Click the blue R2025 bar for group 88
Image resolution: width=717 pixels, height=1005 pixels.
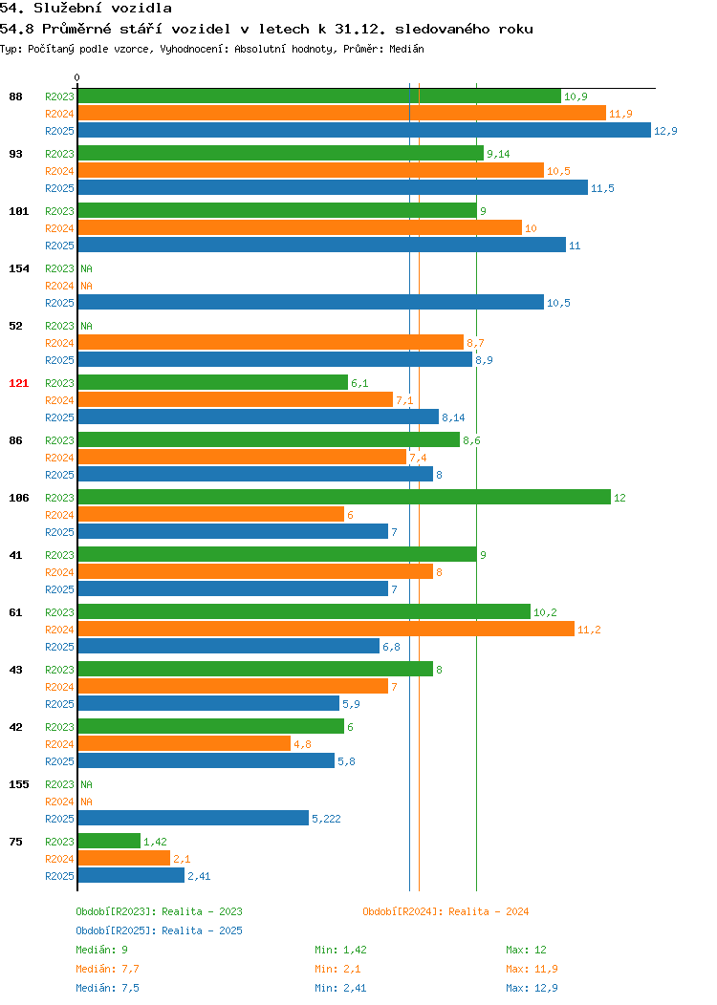point(364,130)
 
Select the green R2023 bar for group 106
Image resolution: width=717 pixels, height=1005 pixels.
point(344,497)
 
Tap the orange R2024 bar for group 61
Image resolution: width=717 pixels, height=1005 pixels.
point(326,629)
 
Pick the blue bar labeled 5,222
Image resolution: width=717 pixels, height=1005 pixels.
point(194,818)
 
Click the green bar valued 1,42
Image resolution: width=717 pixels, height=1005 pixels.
point(109,841)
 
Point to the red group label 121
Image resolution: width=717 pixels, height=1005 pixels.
point(18,383)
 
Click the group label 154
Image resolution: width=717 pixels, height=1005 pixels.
point(18,268)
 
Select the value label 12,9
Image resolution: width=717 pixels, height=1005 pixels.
point(665,131)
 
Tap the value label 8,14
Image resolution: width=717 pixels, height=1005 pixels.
point(453,417)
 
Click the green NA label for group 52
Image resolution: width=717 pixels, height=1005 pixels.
point(87,326)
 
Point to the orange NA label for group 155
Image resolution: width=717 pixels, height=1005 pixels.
point(87,802)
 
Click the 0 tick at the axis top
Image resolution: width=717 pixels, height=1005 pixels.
point(77,77)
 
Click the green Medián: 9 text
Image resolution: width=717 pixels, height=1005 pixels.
point(102,950)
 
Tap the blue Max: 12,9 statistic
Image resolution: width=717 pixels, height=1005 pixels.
point(532,989)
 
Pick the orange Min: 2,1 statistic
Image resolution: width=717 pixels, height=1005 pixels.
point(338,969)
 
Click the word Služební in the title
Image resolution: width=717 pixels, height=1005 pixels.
point(68,8)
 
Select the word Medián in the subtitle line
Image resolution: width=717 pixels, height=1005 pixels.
point(406,49)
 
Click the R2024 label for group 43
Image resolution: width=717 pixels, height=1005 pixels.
point(59,687)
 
